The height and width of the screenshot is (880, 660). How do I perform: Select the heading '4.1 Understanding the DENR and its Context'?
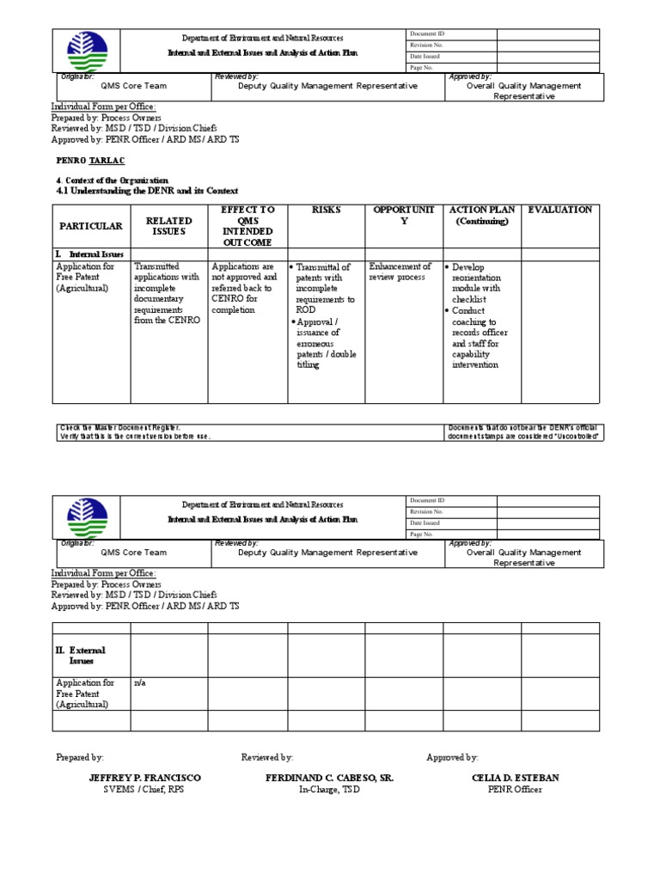tap(146, 191)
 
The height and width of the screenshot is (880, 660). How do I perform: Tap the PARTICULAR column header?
tap(91, 226)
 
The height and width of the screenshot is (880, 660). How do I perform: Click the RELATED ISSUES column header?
tap(168, 226)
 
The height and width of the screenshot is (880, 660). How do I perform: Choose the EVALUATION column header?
tap(559, 210)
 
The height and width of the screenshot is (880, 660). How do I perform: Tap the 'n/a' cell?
tap(139, 683)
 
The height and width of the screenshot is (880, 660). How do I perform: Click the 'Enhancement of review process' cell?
tap(400, 272)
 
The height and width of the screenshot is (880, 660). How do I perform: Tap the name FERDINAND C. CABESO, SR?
tap(330, 778)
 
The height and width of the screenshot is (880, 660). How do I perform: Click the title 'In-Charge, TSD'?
tap(330, 790)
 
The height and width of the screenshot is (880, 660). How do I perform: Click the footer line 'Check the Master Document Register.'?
tap(119, 427)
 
